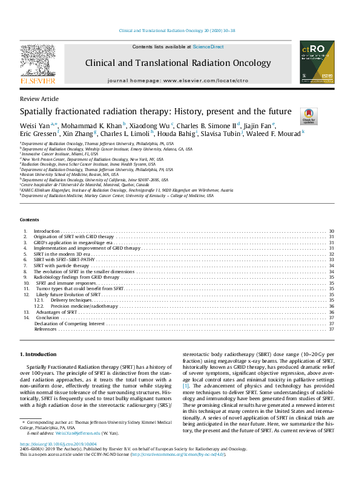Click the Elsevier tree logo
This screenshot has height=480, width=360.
38,60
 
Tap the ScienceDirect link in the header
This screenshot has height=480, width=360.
209,47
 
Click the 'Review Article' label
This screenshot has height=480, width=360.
39,98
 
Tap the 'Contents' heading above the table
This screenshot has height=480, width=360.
30,219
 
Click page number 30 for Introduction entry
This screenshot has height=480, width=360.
332,232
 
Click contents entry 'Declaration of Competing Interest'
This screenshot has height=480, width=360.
70,323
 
